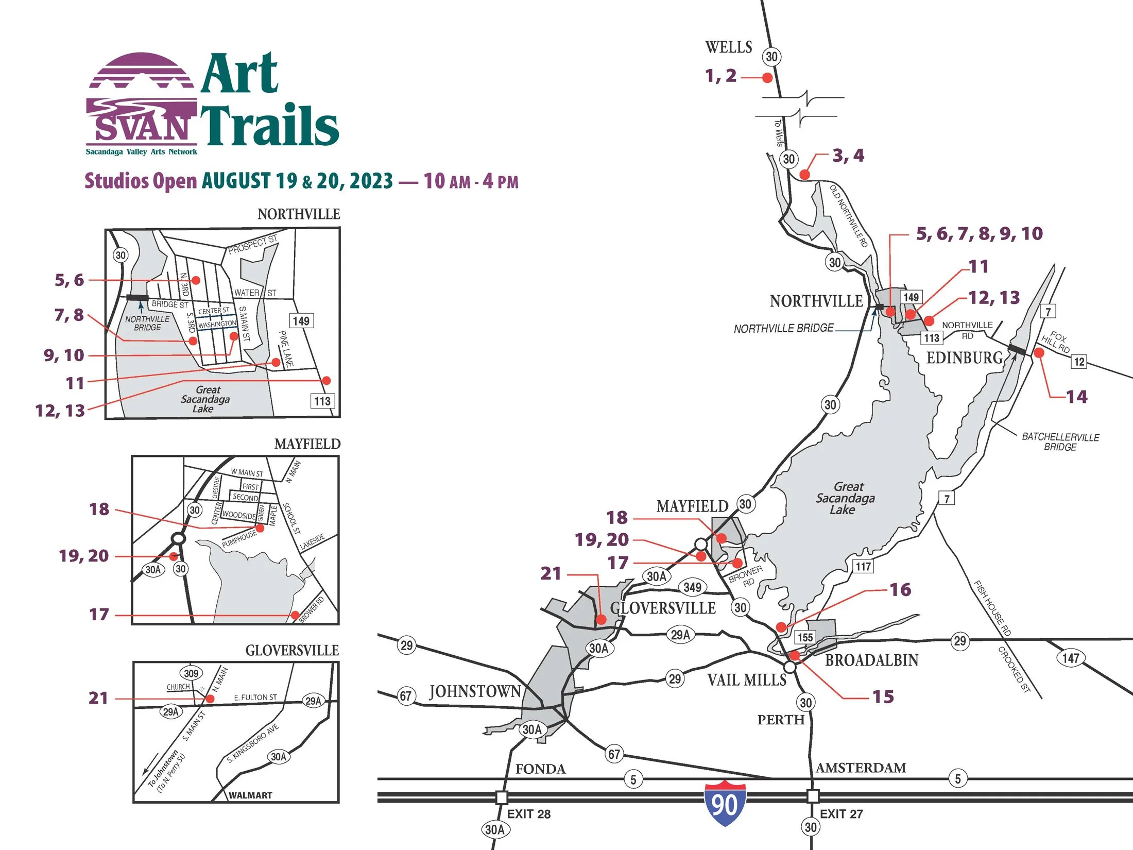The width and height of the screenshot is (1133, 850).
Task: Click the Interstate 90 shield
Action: click(x=725, y=804)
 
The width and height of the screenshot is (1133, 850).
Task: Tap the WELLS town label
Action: click(x=728, y=47)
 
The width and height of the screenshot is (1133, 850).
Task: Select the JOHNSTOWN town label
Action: click(x=475, y=691)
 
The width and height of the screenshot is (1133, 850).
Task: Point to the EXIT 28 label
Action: click(x=528, y=814)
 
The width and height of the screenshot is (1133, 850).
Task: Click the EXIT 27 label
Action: click(x=841, y=814)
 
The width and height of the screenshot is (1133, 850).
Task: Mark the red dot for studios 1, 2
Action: click(x=767, y=78)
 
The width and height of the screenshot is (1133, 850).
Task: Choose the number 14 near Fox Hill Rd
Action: click(x=1076, y=397)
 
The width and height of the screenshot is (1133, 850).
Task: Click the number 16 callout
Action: click(x=900, y=589)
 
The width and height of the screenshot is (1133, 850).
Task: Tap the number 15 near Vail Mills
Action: click(x=883, y=696)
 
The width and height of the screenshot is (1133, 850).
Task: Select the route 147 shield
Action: click(x=1071, y=658)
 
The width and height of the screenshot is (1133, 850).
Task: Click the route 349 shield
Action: click(x=692, y=587)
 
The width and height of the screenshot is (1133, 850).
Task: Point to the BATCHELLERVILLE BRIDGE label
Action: click(x=1060, y=442)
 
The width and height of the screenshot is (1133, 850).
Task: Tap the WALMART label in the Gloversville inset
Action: click(x=250, y=795)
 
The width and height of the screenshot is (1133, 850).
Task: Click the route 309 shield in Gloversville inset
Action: click(x=191, y=673)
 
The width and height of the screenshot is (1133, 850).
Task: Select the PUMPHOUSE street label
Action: click(x=239, y=539)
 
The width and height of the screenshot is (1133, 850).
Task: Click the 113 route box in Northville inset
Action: click(x=322, y=401)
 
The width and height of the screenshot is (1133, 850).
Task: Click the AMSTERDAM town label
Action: click(x=861, y=768)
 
